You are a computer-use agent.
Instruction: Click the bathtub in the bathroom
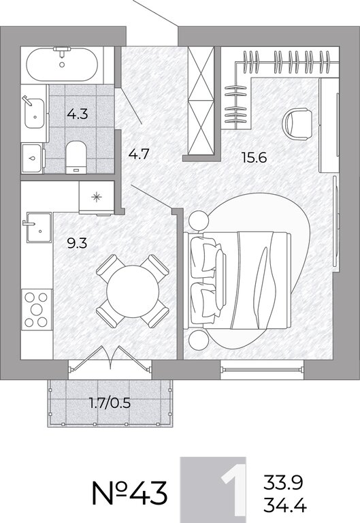(x=62, y=65)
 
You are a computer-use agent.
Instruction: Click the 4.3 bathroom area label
(x=78, y=114)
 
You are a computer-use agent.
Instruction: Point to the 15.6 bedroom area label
(x=255, y=157)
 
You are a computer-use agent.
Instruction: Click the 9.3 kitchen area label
(x=77, y=243)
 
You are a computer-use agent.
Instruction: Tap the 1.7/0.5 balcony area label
(x=110, y=403)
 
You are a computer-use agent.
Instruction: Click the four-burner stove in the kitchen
(x=37, y=310)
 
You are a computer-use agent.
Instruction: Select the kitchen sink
(x=38, y=227)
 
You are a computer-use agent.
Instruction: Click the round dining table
(x=133, y=291)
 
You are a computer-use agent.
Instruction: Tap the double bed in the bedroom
(x=239, y=280)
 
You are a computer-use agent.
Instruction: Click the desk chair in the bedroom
(x=297, y=124)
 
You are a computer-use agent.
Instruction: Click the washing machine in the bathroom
(x=33, y=158)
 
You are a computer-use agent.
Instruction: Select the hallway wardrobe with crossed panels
(x=200, y=101)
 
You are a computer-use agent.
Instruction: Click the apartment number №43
(x=129, y=493)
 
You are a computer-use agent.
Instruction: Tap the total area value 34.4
(x=285, y=505)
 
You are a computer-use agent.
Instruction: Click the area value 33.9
(x=283, y=482)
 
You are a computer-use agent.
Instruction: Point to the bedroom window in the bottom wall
(x=262, y=370)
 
